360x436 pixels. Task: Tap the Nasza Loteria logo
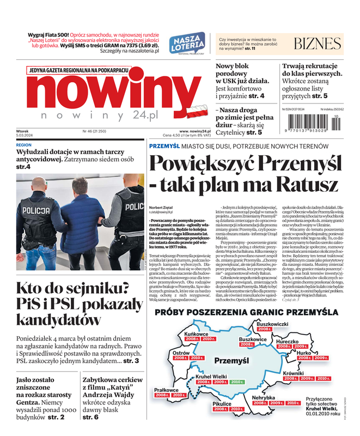click(187, 45)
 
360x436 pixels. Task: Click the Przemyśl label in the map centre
click(231, 361)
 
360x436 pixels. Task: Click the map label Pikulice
click(222, 403)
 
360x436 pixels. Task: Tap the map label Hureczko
click(288, 341)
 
